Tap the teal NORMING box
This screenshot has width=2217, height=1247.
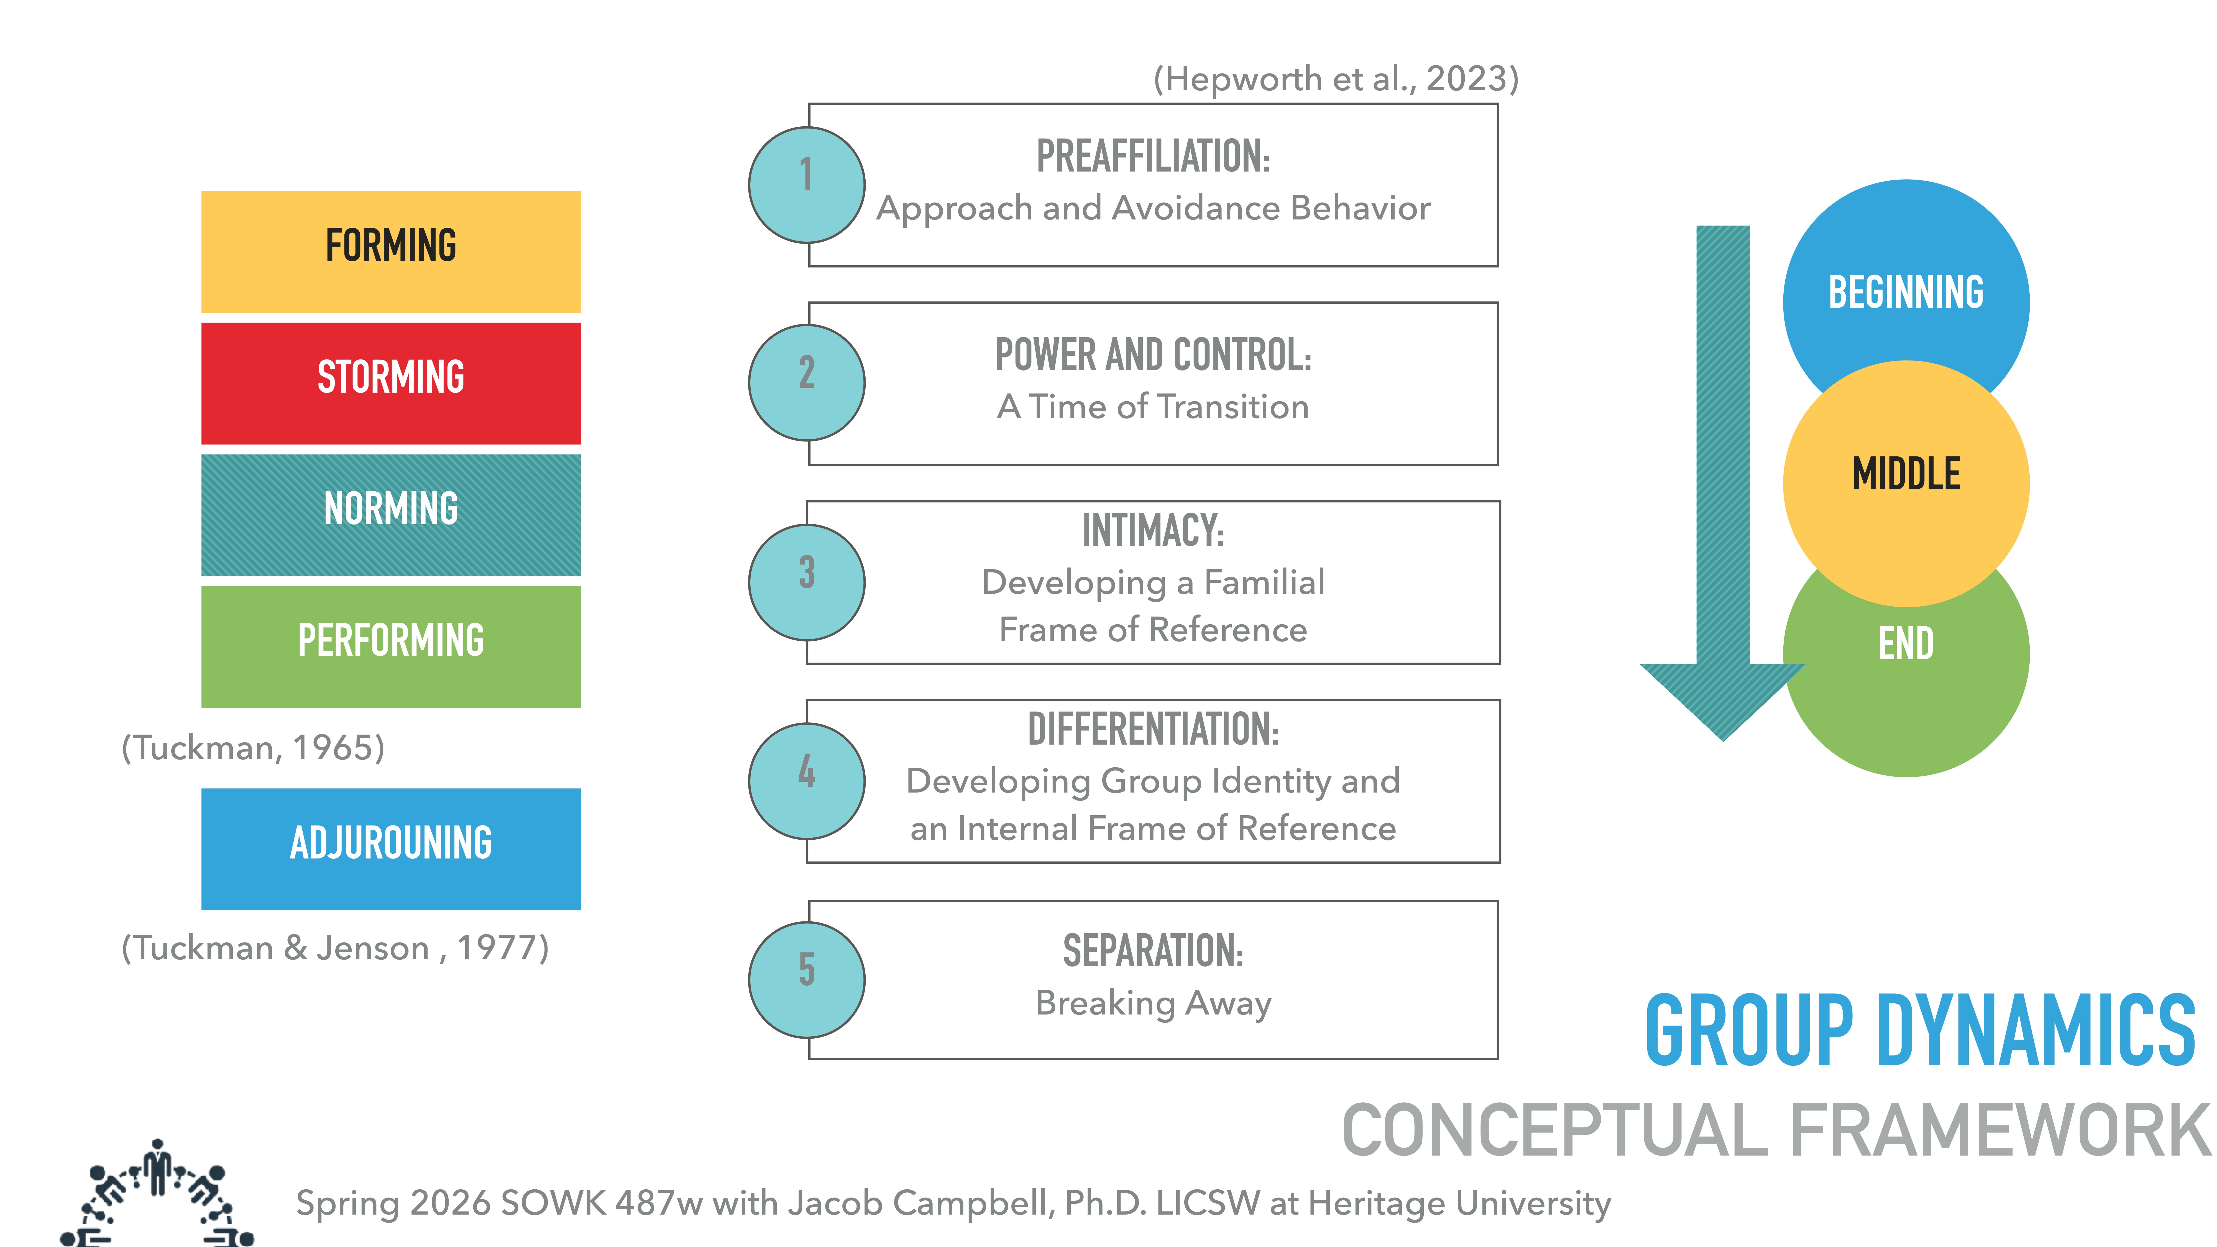coord(391,515)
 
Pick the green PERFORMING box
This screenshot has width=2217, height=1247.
coord(391,646)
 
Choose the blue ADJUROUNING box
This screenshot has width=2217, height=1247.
coord(391,849)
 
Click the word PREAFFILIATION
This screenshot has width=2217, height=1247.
coord(1152,157)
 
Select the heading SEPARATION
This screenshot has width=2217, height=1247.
coord(1152,952)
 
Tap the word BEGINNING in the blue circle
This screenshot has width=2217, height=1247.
coord(1906,293)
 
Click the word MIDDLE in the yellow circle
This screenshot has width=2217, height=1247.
coord(1906,474)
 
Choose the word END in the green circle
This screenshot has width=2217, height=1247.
coord(1906,644)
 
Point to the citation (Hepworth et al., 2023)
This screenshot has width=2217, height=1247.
coord(1336,79)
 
